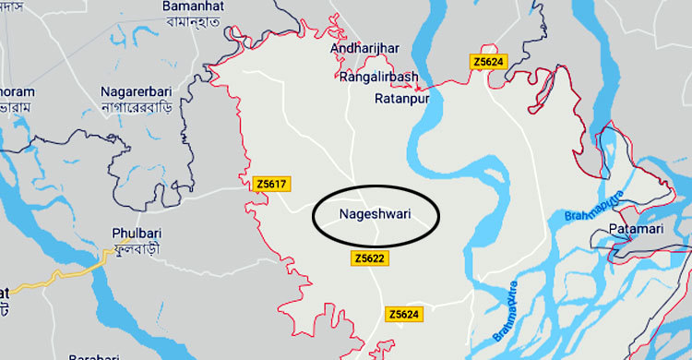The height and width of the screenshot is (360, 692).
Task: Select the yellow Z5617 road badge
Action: pyautogui.click(x=271, y=185)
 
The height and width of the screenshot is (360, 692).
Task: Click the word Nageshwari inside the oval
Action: pyautogui.click(x=375, y=218)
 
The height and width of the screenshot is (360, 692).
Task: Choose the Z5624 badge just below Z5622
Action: pyautogui.click(x=406, y=315)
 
